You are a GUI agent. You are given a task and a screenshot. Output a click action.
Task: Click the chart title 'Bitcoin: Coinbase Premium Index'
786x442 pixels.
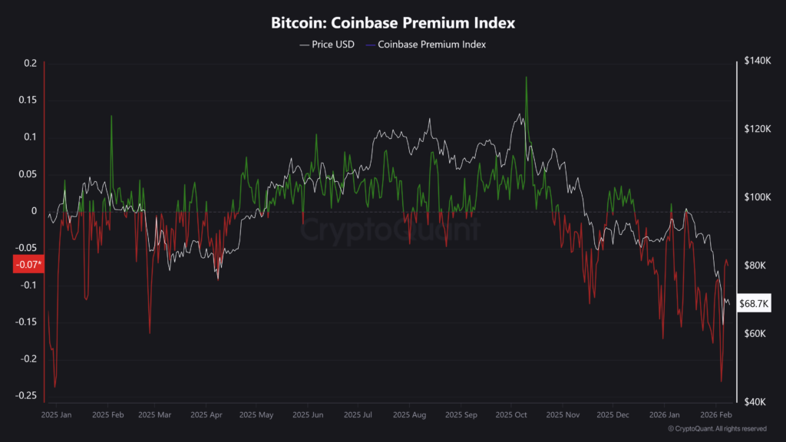coord(392,23)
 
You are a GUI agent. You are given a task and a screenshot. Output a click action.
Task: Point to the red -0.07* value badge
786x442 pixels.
coord(28,265)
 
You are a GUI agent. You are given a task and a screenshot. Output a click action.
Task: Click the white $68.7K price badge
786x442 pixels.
coord(753,303)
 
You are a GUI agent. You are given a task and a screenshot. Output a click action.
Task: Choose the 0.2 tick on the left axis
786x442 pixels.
coord(30,63)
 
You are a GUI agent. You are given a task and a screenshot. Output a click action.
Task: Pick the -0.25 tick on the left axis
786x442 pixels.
coord(26,395)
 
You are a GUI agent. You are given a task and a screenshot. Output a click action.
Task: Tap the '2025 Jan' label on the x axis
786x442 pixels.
coord(56,415)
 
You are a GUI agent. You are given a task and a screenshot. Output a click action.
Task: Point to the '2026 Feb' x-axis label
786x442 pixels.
coord(715,415)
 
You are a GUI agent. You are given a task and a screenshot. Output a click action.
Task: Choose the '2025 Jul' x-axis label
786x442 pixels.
coord(358,415)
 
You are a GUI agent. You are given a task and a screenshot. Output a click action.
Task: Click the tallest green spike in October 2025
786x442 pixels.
coord(526,78)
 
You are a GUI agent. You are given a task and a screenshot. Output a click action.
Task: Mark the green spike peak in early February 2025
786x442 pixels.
coord(111,117)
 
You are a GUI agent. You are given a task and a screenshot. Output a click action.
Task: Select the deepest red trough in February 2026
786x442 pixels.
coord(721,381)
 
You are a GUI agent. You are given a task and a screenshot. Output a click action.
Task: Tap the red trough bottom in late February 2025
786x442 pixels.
coord(150,332)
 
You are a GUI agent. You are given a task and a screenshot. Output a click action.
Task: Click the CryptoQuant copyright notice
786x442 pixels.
coord(717,429)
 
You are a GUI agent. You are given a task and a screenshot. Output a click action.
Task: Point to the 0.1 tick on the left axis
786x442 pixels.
coord(30,137)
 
